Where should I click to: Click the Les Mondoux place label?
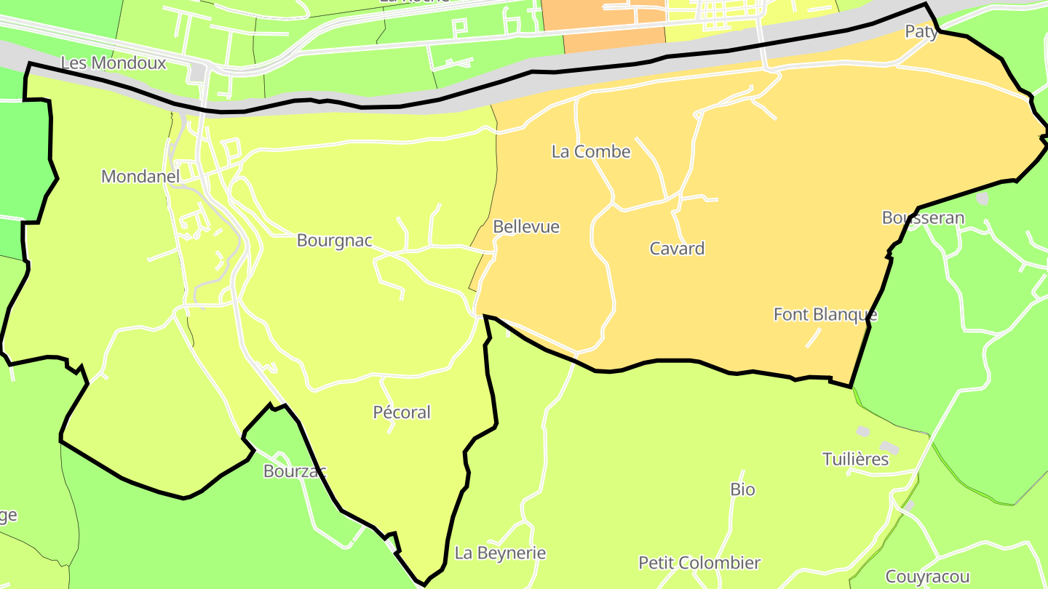point(113,63)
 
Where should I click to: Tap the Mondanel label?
point(140,176)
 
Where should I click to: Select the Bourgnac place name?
point(335,241)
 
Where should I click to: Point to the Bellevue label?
point(526,227)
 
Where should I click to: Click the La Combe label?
point(591,152)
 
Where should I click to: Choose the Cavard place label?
point(677,249)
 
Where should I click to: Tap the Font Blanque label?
point(825,315)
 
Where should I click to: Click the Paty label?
point(921,31)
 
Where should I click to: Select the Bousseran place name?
point(923,217)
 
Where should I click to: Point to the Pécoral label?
point(402,412)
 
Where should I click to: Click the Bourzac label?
point(295,471)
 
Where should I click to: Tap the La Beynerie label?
point(500,553)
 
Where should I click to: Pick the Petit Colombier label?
point(699,563)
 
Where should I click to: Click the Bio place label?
point(742,489)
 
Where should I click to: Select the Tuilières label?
point(856,460)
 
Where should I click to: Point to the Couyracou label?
point(928,577)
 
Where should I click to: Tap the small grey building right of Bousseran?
point(982,198)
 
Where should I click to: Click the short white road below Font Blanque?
point(813,338)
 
